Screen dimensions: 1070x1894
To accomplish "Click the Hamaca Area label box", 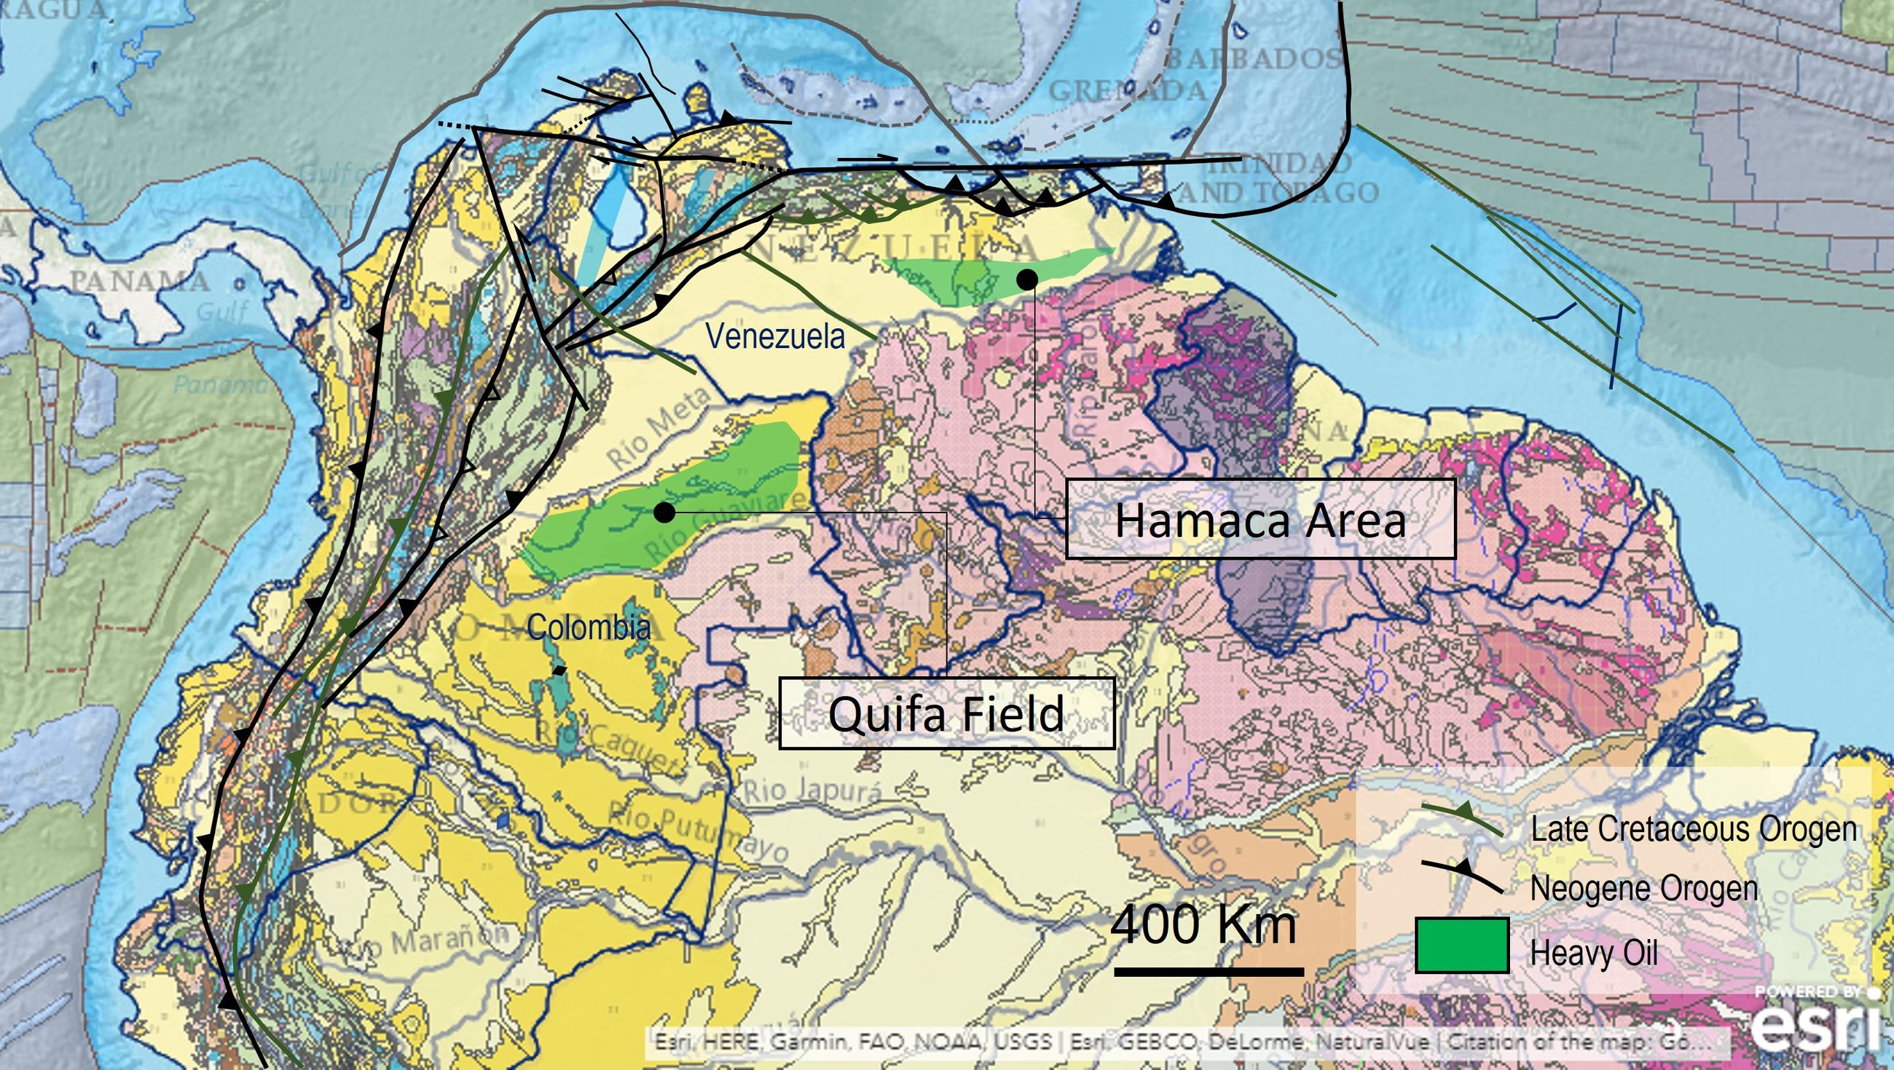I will (x=1260, y=520).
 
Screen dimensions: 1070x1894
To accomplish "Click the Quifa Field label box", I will (x=946, y=713).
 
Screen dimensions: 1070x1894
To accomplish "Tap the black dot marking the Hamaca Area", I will (x=1027, y=279).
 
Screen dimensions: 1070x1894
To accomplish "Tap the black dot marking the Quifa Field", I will (x=664, y=512).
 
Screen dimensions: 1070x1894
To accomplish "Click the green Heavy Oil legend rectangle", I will (x=1462, y=945).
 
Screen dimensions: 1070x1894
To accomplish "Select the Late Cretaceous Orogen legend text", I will (x=1693, y=829).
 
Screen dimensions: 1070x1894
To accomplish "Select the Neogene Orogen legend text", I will (x=1643, y=889).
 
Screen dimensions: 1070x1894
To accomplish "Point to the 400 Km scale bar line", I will (x=1209, y=972).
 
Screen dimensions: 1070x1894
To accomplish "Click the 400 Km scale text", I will (x=1203, y=924).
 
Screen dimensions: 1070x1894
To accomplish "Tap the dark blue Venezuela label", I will (x=775, y=336).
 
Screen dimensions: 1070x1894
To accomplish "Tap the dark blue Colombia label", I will (x=588, y=627).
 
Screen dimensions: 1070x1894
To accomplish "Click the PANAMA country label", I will (x=140, y=281).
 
